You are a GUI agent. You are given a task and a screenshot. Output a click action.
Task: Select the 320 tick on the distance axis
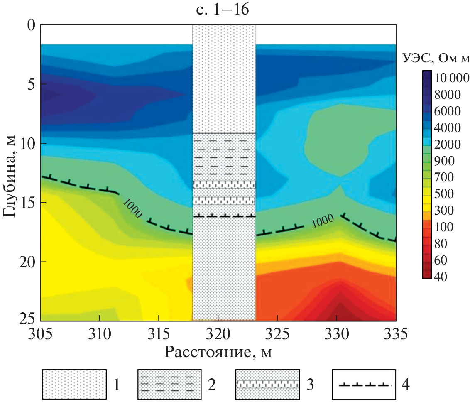point(218,333)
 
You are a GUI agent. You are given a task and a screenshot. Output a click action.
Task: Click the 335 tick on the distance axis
point(395,333)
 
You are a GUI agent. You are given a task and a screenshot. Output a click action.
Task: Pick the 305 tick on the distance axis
point(41,333)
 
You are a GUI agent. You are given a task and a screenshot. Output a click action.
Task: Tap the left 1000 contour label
point(133,206)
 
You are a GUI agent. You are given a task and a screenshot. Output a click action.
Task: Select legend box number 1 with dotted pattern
point(73,384)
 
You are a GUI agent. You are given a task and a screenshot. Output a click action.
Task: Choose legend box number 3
point(267,384)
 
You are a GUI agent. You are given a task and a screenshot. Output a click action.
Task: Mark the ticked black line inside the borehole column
point(224,216)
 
